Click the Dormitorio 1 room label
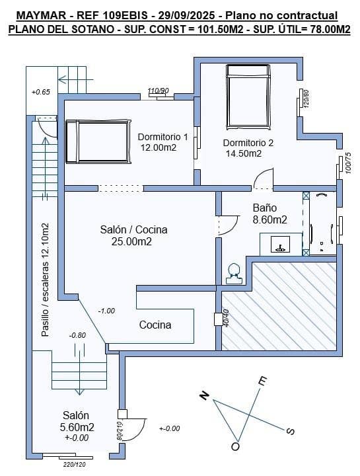tap(162, 137)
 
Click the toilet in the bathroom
tap(234, 273)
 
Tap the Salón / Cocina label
tap(133, 229)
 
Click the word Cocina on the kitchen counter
tap(155, 325)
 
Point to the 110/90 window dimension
tap(159, 91)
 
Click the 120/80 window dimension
tap(306, 99)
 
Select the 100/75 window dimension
tap(348, 163)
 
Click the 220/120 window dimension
tap(74, 465)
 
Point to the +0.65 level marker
tap(40, 92)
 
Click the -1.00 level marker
tap(106, 311)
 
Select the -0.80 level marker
tap(77, 335)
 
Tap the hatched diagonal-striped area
tap(281, 307)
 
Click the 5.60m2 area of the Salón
tap(77, 427)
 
